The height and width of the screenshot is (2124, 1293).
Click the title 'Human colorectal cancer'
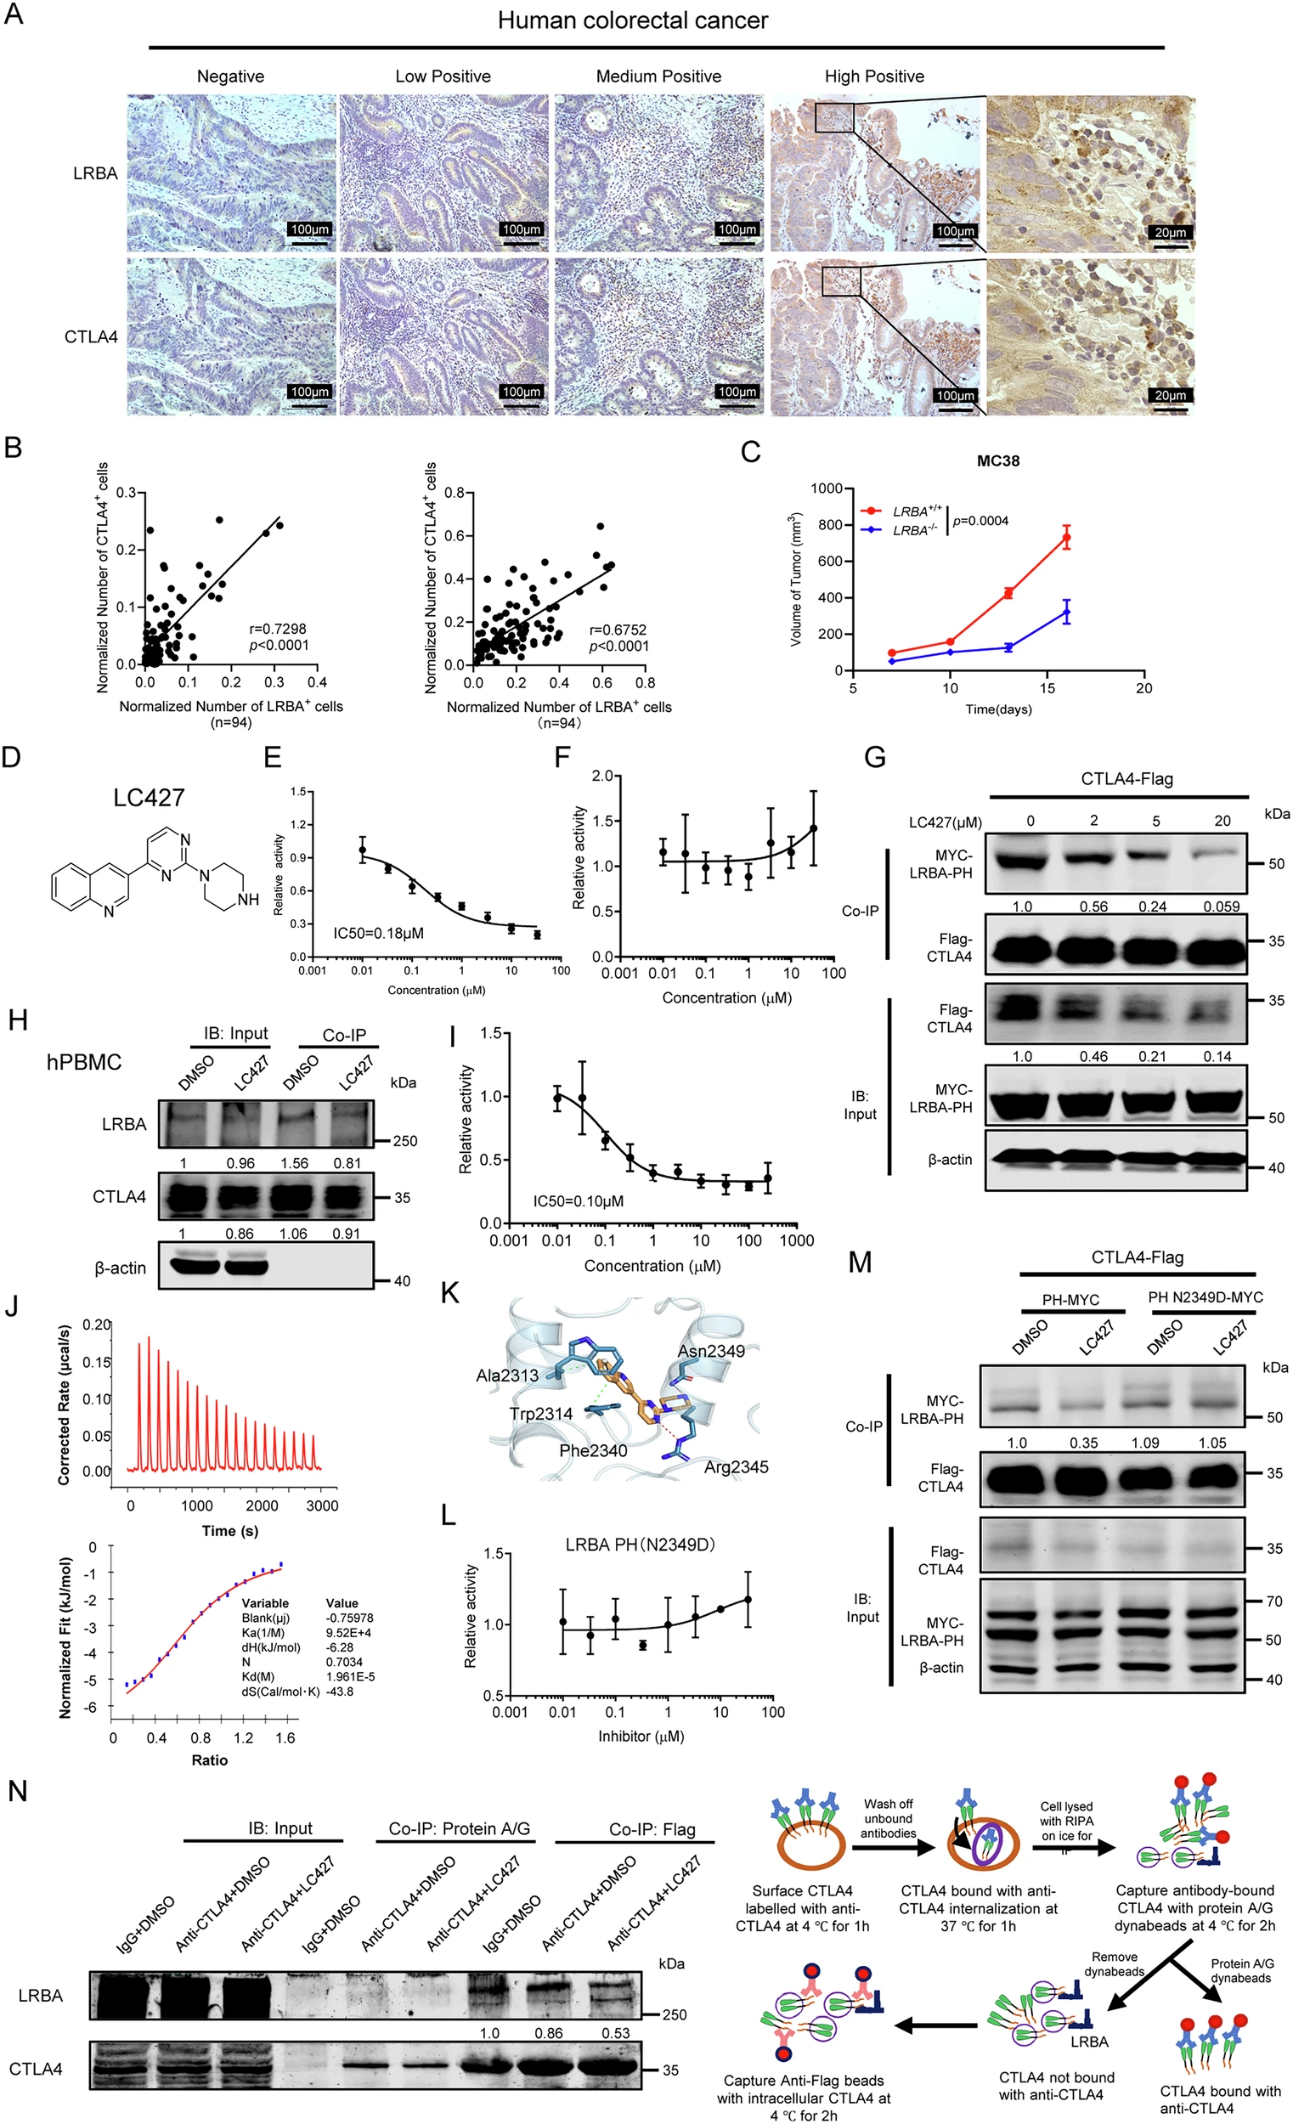click(632, 20)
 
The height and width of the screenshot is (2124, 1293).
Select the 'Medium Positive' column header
click(658, 76)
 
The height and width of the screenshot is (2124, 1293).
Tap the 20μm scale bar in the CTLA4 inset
click(1170, 396)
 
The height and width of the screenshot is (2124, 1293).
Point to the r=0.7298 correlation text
click(278, 629)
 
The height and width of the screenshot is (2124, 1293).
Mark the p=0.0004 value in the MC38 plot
click(980, 521)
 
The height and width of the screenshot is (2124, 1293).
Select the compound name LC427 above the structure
click(150, 798)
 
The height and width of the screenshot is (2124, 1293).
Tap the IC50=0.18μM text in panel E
click(378, 933)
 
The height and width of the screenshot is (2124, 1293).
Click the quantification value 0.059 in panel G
click(1222, 906)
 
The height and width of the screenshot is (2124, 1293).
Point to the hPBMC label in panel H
click(83, 1062)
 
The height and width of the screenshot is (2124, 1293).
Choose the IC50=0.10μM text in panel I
click(578, 1200)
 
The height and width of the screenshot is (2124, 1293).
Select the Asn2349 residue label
click(710, 1351)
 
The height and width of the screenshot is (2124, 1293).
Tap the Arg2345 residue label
click(736, 1466)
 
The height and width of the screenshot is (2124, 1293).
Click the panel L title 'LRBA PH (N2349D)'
click(641, 1544)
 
